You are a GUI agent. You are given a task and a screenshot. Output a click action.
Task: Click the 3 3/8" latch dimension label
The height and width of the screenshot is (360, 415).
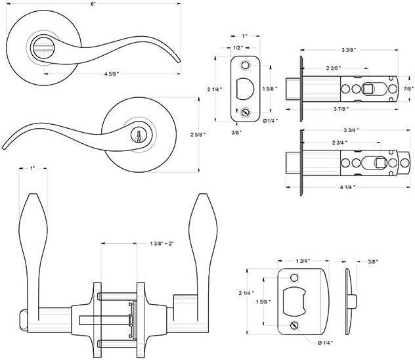(x=350, y=50)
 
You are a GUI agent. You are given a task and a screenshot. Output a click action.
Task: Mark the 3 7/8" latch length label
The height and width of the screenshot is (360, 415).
(x=349, y=108)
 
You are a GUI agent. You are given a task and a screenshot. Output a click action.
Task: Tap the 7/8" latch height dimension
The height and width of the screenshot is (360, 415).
(x=408, y=88)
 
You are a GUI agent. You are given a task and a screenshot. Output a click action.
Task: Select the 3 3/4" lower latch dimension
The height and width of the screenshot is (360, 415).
(x=349, y=129)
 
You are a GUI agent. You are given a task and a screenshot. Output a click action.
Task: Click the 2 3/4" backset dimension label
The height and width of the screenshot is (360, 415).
(x=339, y=143)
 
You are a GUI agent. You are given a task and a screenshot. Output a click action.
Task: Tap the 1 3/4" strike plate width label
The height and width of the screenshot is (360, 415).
(x=303, y=261)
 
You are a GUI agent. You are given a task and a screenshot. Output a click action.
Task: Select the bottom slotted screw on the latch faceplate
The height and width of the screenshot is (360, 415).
(x=246, y=112)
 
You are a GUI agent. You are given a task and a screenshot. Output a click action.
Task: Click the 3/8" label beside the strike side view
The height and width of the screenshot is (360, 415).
(x=374, y=261)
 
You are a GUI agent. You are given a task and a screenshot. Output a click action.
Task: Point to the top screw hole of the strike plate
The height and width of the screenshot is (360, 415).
(x=294, y=277)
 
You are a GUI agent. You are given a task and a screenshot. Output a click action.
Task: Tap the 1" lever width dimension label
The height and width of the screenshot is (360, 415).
(x=32, y=169)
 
